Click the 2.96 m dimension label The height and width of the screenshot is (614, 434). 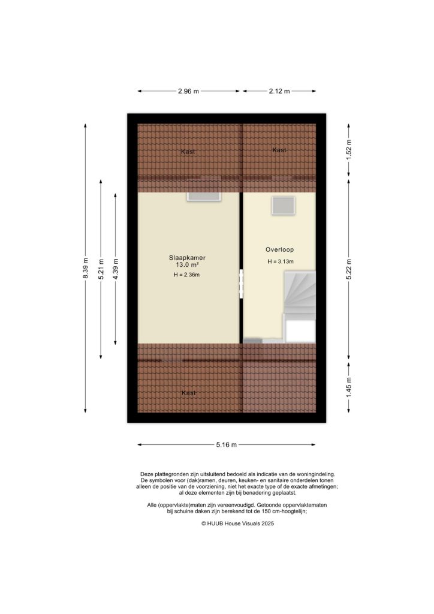coord(188,91)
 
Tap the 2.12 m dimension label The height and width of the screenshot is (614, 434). coord(279,91)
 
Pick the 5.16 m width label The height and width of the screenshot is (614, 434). coord(227,444)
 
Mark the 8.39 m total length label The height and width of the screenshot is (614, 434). coord(86,268)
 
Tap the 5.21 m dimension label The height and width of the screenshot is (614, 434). coord(101,268)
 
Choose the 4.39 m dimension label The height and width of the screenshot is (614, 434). coord(116,268)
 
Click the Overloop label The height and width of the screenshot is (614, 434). coord(280,249)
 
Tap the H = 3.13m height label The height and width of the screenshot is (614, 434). coord(280,261)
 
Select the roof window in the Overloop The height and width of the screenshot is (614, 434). coord(283,205)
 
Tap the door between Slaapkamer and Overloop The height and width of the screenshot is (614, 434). coord(242,284)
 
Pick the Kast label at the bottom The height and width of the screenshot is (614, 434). coord(189,393)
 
